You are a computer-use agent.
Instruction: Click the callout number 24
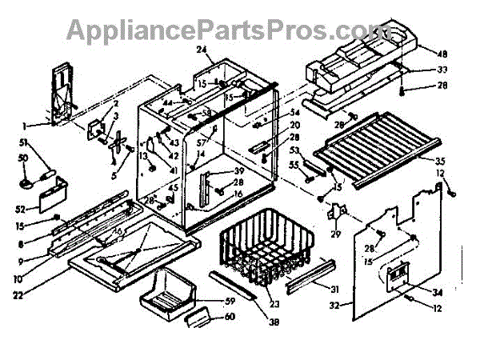pos(202,50)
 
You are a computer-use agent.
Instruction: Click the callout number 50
pos(24,158)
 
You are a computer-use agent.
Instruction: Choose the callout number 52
pos(20,209)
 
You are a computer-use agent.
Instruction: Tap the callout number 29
pos(336,233)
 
